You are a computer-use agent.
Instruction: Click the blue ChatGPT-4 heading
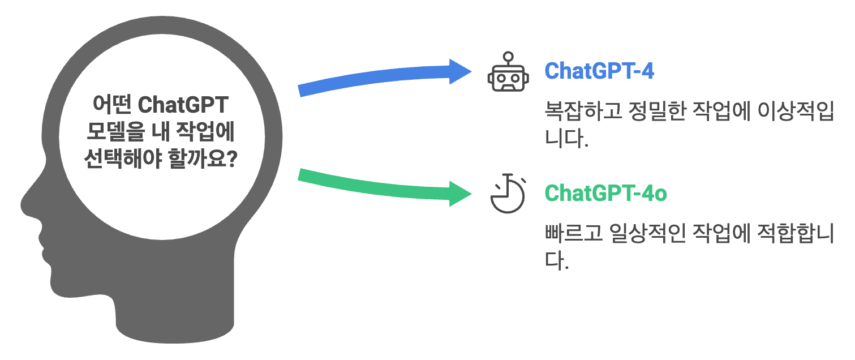tap(599, 71)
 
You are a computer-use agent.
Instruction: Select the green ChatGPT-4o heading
tap(605, 194)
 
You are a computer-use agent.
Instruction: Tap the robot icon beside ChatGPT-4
tap(508, 76)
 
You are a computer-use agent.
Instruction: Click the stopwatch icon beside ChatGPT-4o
tap(508, 195)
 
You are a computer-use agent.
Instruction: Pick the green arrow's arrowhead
tap(461, 194)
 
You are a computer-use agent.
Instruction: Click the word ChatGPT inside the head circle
tap(183, 105)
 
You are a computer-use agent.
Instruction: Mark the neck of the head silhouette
tap(175, 323)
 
